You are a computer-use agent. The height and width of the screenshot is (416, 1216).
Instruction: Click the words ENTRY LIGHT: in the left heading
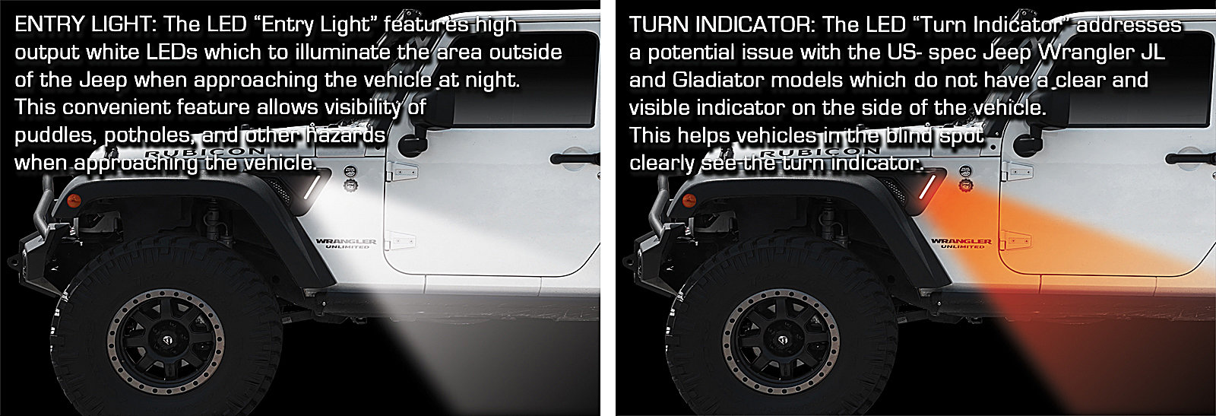pyautogui.click(x=85, y=24)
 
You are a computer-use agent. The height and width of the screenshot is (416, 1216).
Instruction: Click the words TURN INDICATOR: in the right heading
pyautogui.click(x=723, y=24)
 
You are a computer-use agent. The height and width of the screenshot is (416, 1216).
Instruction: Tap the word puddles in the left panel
pyautogui.click(x=54, y=135)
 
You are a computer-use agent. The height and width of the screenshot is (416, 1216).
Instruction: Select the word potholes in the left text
pyautogui.click(x=147, y=135)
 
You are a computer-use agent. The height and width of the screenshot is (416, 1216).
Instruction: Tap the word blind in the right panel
pyautogui.click(x=909, y=135)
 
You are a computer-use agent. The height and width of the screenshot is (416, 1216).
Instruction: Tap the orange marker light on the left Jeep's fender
pyautogui.click(x=73, y=202)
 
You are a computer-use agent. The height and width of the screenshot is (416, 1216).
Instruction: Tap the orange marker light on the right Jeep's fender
pyautogui.click(x=687, y=202)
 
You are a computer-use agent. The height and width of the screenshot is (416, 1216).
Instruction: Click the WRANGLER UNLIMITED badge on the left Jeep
pyautogui.click(x=347, y=243)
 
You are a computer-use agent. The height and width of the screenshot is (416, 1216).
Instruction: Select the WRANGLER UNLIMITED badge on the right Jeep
pyautogui.click(x=961, y=243)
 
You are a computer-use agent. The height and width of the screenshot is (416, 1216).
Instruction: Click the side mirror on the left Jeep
pyautogui.click(x=413, y=141)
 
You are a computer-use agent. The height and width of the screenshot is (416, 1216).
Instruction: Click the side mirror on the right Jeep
pyautogui.click(x=1027, y=141)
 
